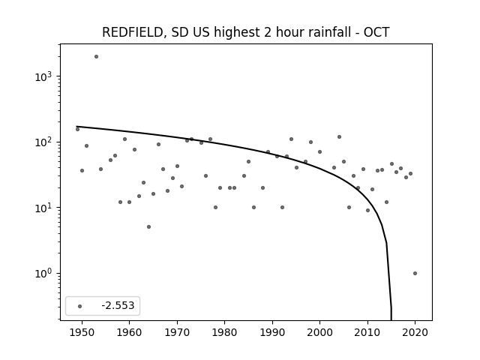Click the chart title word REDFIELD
[x=132, y=32]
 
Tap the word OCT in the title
[x=376, y=32]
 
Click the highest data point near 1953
[x=96, y=57]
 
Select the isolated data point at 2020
[x=415, y=273]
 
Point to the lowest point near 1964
[x=148, y=226]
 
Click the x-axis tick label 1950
[x=82, y=333]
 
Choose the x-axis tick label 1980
[x=225, y=333]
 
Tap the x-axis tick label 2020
[x=415, y=333]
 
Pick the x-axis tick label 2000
[x=320, y=333]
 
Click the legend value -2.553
[x=118, y=305]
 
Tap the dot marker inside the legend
[x=80, y=306]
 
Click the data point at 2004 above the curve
[x=339, y=136]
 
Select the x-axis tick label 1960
[x=130, y=333]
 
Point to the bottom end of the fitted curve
[x=391, y=319]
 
